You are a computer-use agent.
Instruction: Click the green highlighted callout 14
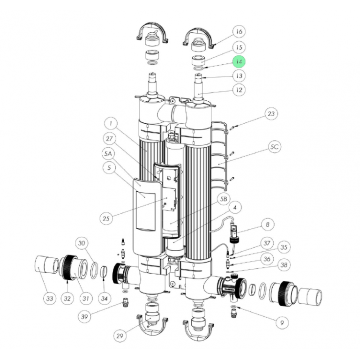tap(239, 62)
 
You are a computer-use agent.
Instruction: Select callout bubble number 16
tap(239, 31)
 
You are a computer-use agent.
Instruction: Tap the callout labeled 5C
tap(274, 147)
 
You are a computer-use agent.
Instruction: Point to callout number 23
tap(271, 114)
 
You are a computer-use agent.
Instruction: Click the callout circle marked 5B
tap(224, 199)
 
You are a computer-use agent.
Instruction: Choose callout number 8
tap(268, 225)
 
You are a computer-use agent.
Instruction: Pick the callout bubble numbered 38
tap(284, 265)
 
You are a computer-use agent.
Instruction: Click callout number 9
tap(282, 323)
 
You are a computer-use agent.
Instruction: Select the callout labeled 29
tap(120, 336)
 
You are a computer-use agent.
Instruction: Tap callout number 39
tap(84, 316)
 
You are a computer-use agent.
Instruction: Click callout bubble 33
tap(50, 299)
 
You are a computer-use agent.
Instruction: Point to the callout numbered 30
tap(82, 243)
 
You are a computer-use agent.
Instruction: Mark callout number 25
tap(106, 218)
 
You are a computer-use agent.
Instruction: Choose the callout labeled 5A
tap(108, 154)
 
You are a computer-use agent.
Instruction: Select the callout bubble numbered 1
tap(111, 124)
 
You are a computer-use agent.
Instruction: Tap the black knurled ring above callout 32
tap(68, 267)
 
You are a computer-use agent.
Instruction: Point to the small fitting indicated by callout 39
tap(125, 303)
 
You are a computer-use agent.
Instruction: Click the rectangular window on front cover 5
tap(146, 211)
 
